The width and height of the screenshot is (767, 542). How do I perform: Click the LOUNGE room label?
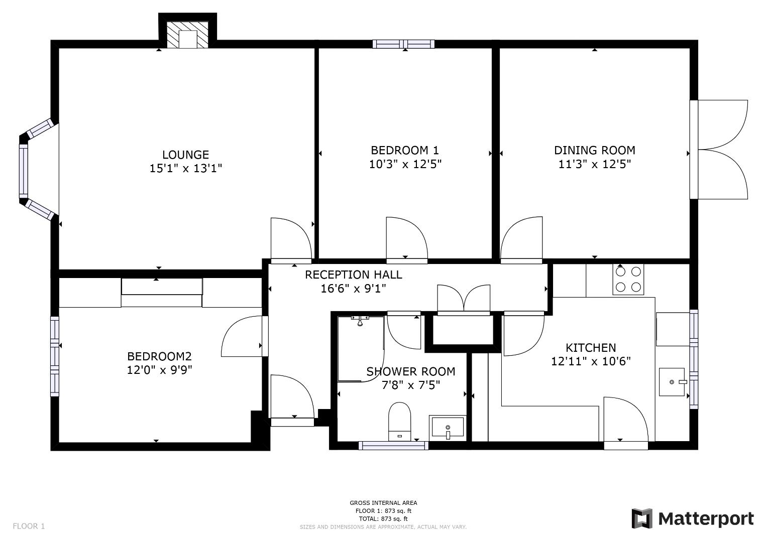[x=185, y=155]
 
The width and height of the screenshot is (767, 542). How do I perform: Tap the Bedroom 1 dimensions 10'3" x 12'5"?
[x=405, y=164]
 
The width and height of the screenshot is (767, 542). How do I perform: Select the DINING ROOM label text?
[x=595, y=150]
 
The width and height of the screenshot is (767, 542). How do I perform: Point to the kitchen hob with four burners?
[x=628, y=279]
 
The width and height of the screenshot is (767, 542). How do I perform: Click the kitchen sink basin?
[x=672, y=382]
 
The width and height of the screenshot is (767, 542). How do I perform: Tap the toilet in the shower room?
[x=400, y=422]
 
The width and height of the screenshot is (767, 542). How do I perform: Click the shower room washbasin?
[x=448, y=427]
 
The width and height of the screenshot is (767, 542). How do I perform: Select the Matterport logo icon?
[x=642, y=518]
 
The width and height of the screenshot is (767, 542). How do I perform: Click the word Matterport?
[x=706, y=519]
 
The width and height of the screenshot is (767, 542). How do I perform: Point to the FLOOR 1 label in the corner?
[x=29, y=526]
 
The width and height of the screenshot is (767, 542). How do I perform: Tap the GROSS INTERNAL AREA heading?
[x=383, y=503]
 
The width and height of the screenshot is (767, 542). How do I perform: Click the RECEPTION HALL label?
[x=354, y=275]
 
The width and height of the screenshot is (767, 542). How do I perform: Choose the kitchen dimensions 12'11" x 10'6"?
[x=591, y=361]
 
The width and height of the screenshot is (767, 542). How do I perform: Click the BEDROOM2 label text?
[x=159, y=356]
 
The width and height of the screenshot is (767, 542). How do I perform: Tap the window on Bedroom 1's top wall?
[x=404, y=44]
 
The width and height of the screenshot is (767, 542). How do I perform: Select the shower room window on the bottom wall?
[x=393, y=445]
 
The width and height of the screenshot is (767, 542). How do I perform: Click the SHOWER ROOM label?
[x=411, y=371]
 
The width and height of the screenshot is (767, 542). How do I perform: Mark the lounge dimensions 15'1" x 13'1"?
[x=185, y=168]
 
